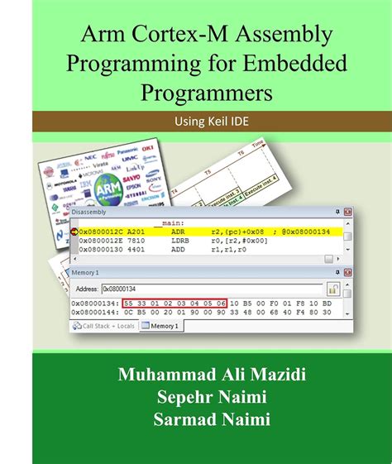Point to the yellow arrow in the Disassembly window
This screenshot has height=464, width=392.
coord(74,232)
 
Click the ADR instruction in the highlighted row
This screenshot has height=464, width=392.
coord(178,232)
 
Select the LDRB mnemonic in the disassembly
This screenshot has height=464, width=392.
coord(180,242)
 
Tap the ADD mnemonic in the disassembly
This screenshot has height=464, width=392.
coord(178,251)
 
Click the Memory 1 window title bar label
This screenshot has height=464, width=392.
coord(86,272)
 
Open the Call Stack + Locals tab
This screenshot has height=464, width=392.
coord(105,326)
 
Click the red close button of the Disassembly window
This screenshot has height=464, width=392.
coord(348,213)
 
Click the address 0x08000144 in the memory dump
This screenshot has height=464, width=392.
coord(95,313)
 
